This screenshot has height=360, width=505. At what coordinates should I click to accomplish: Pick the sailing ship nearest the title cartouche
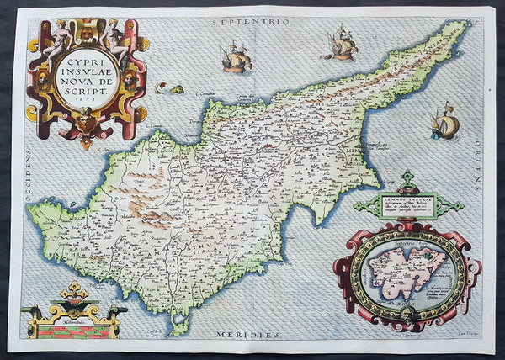(x=237, y=58)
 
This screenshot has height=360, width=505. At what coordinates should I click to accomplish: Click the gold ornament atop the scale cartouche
(x=73, y=290)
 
